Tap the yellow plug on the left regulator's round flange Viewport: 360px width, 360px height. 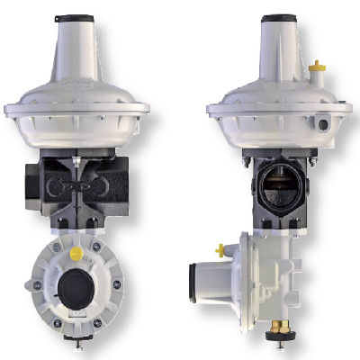tap(76, 255)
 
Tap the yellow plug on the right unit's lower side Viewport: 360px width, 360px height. tap(220, 249)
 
